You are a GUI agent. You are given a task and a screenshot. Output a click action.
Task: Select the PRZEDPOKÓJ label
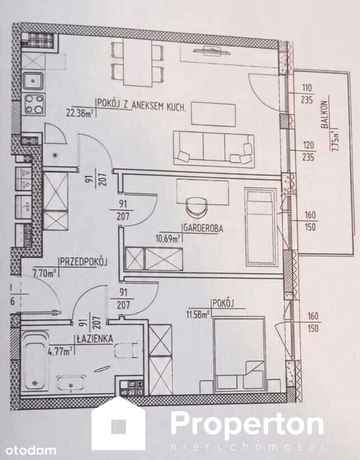click(83, 262)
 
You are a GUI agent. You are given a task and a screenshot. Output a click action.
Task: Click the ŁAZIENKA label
click(96, 338)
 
